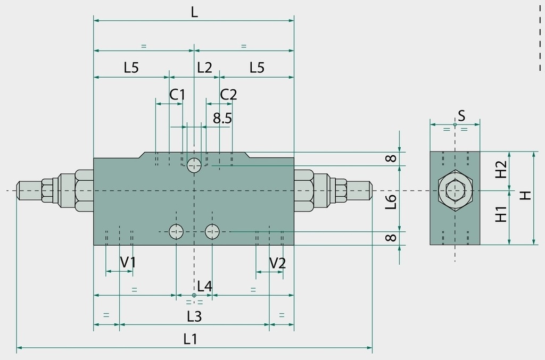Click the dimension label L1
tap(190, 339)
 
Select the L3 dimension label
tap(194, 316)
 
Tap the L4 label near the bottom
tap(204, 287)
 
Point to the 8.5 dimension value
tap(222, 119)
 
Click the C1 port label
tap(177, 95)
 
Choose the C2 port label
tap(228, 95)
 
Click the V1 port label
tap(128, 263)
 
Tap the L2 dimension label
tap(204, 68)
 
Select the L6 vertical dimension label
tap(391, 202)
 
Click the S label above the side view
tap(461, 115)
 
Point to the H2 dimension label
tap(501, 169)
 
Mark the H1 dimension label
tap(501, 214)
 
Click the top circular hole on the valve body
tap(194, 165)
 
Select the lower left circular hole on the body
tap(176, 231)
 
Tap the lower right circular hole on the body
tap(212, 231)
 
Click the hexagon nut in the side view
tap(455, 190)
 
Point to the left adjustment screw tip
tap(18, 190)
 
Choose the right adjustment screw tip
tap(371, 190)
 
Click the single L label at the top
tap(194, 13)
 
